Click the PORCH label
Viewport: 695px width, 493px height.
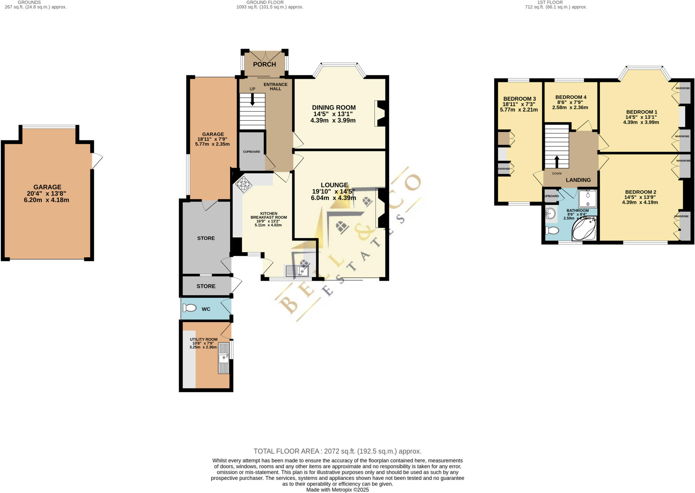click(264, 64)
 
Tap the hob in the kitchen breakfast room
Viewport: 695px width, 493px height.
click(244, 184)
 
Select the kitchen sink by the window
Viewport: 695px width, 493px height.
click(297, 271)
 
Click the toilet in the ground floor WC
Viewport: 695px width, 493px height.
click(189, 308)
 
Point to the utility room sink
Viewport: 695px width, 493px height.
click(224, 358)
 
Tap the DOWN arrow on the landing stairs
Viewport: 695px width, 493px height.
click(557, 162)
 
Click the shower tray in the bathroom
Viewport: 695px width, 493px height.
click(587, 199)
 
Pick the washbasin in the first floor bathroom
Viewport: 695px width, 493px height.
click(550, 214)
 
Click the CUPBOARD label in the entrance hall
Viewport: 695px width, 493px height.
click(251, 152)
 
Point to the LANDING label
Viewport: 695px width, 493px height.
click(578, 180)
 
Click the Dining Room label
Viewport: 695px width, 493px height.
click(334, 107)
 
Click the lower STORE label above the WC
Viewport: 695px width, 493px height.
click(206, 286)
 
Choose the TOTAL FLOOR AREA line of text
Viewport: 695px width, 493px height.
click(337, 451)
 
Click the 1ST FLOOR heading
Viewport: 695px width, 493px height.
click(550, 2)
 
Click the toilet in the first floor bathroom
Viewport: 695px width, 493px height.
click(552, 231)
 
